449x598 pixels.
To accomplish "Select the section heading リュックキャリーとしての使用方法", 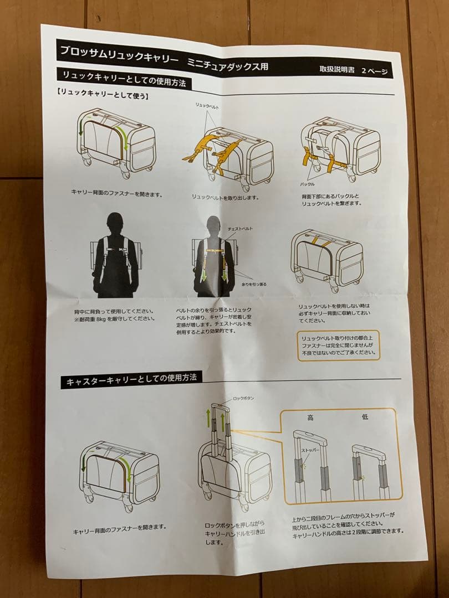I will pos(124,79).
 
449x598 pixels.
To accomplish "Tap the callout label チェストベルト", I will pos(241,228).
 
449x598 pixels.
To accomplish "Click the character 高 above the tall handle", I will pos(310,417).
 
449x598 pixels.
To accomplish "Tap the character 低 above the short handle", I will pos(365,417).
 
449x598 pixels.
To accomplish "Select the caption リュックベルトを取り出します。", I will pos(225,197).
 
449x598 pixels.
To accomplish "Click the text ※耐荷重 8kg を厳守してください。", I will pos(115,319).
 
